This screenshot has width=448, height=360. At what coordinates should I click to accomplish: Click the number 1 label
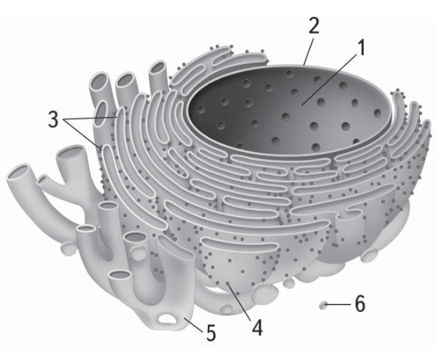[x=362, y=48]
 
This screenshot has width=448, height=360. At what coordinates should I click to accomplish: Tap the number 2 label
[x=314, y=25]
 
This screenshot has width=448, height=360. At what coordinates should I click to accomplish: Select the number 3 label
[x=54, y=119]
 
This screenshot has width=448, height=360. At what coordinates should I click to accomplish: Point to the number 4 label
[x=257, y=326]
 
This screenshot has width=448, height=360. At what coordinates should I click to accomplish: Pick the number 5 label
[x=211, y=332]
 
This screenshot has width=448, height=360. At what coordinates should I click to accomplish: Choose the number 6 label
[x=360, y=303]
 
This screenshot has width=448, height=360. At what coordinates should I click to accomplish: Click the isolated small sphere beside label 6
[x=323, y=305]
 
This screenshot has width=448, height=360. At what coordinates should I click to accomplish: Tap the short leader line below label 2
[x=309, y=51]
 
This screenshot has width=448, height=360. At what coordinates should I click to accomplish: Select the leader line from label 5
[x=194, y=325]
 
